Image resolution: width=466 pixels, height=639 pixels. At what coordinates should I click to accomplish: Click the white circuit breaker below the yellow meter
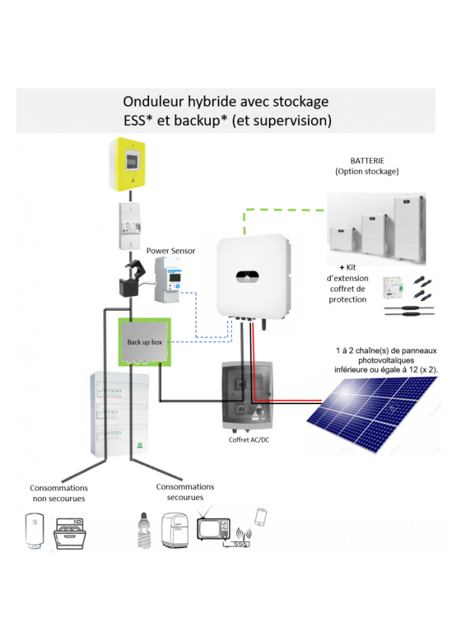click(x=130, y=226)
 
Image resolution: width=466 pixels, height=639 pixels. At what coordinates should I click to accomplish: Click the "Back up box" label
click(x=144, y=342)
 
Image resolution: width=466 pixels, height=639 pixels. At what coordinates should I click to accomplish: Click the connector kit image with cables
click(x=408, y=297)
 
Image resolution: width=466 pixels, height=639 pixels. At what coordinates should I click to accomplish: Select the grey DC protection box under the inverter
click(x=247, y=396)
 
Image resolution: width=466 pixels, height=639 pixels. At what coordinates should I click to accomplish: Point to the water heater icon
click(x=35, y=531)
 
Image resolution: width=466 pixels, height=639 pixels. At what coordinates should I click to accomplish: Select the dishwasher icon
click(x=70, y=533)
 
